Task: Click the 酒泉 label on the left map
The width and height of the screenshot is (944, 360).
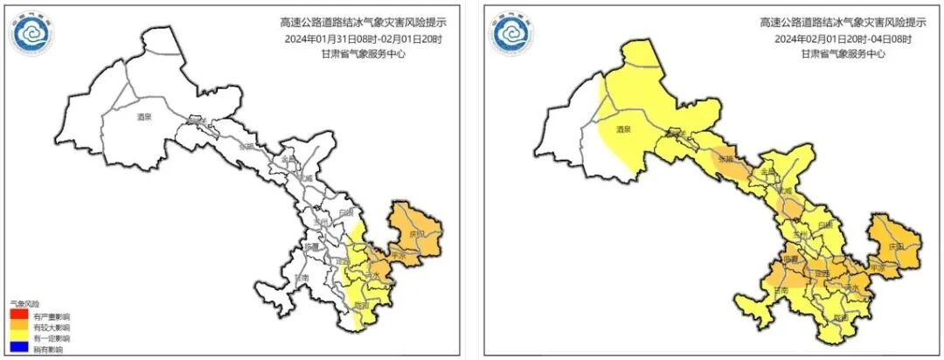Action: coord(146,115)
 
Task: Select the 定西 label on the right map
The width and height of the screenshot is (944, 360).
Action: coord(819,273)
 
